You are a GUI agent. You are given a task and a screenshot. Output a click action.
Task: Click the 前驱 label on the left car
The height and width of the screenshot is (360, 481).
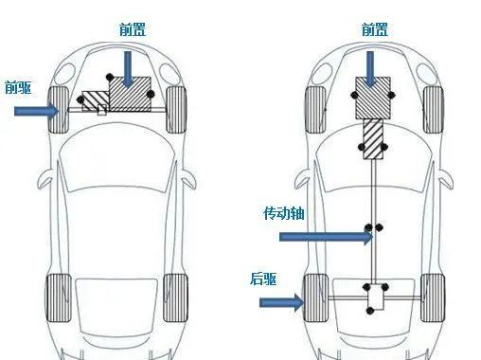18,87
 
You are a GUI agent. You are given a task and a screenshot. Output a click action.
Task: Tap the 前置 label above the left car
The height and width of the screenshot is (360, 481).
133,29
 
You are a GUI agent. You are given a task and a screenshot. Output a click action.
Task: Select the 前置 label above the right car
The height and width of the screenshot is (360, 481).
375,29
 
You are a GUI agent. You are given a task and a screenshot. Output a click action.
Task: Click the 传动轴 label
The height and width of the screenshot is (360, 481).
284,213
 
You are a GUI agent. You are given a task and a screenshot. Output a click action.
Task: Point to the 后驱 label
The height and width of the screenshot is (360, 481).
263,279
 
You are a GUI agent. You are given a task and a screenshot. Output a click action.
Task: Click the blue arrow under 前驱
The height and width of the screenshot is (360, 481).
37,111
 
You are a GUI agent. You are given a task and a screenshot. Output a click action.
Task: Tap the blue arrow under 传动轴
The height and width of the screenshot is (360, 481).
326,237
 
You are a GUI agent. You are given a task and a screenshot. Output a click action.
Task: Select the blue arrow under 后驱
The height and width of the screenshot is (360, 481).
281,302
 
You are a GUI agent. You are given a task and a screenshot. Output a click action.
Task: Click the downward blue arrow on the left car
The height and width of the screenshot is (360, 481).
128,69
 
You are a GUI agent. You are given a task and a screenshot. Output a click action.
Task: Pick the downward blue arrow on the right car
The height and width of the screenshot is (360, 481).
370,69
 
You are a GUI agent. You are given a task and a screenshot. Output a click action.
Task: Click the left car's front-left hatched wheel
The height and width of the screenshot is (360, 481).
59,110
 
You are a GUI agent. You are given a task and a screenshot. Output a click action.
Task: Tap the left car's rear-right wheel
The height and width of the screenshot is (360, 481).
175,297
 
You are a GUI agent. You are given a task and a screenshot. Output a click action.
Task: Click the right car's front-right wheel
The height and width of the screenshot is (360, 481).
433,110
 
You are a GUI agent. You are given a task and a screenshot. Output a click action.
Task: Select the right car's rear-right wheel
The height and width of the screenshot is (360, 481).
433,297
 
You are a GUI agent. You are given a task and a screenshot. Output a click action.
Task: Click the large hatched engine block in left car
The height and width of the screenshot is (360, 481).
130,94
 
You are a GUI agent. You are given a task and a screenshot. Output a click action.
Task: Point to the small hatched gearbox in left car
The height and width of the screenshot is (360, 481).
96,101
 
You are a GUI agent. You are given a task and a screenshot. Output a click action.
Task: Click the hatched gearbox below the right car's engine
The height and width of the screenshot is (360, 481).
373,138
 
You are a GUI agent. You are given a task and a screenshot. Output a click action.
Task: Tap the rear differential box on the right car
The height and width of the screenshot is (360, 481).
376,297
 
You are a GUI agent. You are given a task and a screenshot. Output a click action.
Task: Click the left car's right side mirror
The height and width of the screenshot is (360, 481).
188,179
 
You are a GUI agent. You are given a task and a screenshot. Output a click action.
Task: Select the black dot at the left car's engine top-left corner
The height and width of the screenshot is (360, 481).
110,77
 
